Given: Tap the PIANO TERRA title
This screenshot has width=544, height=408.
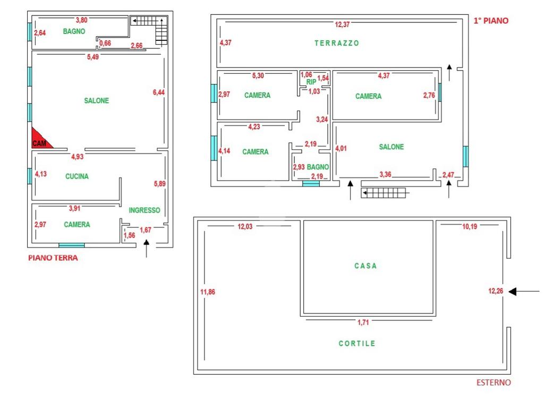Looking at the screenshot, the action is [53, 258].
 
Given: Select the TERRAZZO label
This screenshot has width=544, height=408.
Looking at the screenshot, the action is [337, 44].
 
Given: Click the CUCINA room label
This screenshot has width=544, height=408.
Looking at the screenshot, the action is [77, 176].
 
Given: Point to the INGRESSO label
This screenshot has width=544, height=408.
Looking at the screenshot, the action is [144, 210].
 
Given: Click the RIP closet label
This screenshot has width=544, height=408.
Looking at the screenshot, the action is [311, 82].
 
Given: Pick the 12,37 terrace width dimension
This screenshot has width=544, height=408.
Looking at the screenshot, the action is [342, 24].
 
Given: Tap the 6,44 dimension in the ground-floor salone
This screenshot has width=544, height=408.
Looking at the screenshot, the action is [159, 92].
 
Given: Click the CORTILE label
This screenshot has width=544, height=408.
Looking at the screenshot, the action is [357, 344].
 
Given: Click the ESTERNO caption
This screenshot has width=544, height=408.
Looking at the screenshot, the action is [493, 382].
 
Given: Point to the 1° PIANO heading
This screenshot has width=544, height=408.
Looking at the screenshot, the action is [491, 21].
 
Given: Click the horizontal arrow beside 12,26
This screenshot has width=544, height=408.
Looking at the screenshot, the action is [524, 291].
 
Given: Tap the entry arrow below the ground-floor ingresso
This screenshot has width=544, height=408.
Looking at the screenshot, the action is [147, 248].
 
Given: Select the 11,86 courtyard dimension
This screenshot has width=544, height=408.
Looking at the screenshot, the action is [208, 292].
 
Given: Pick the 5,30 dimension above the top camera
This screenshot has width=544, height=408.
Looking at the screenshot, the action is [257, 76].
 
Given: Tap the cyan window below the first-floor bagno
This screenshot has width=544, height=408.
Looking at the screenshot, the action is [311, 184].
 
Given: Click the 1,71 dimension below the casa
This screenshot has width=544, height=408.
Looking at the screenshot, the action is [363, 322].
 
